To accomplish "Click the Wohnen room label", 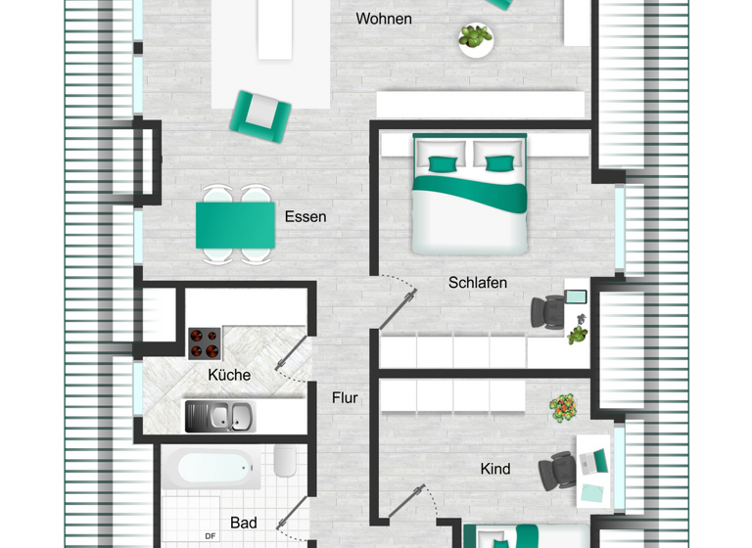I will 384,19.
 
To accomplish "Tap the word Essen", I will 305,216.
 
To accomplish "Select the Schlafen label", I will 478,283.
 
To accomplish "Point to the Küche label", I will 229,375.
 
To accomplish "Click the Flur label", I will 345,398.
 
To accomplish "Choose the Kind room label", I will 495,469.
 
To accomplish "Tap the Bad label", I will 243,523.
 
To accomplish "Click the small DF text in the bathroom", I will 211,535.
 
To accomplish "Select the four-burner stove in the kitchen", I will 205,342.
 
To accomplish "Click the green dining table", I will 235,225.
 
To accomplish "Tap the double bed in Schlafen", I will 470,196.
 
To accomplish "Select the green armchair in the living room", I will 260,113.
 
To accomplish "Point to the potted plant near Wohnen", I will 476,38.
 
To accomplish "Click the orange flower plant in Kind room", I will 563,408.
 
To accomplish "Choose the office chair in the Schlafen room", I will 547,312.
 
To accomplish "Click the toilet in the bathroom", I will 286,462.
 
